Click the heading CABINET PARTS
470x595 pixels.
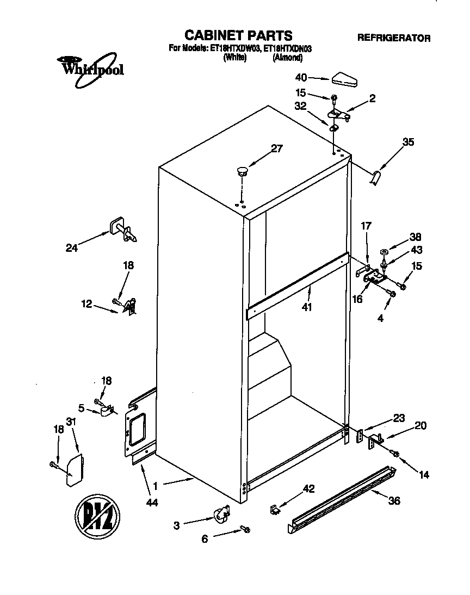(238, 36)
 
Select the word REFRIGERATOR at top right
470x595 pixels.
(393, 38)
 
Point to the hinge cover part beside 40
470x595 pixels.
(343, 79)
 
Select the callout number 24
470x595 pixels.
(72, 248)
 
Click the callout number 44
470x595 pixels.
(152, 504)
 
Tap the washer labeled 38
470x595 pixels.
(384, 252)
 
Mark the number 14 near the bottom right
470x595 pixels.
(424, 475)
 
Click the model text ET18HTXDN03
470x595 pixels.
(288, 48)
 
